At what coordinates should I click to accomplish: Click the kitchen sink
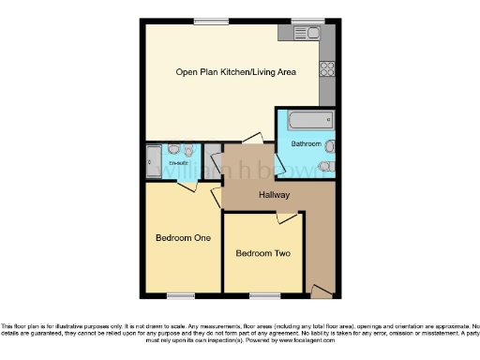(307, 33)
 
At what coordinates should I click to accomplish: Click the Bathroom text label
(306, 144)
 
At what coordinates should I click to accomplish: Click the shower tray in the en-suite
(154, 161)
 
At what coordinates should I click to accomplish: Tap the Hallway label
(275, 195)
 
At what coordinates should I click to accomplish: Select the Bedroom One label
(183, 237)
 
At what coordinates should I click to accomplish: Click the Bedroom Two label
(262, 253)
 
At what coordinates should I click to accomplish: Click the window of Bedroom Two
(263, 295)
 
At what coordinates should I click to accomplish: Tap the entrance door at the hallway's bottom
(321, 293)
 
